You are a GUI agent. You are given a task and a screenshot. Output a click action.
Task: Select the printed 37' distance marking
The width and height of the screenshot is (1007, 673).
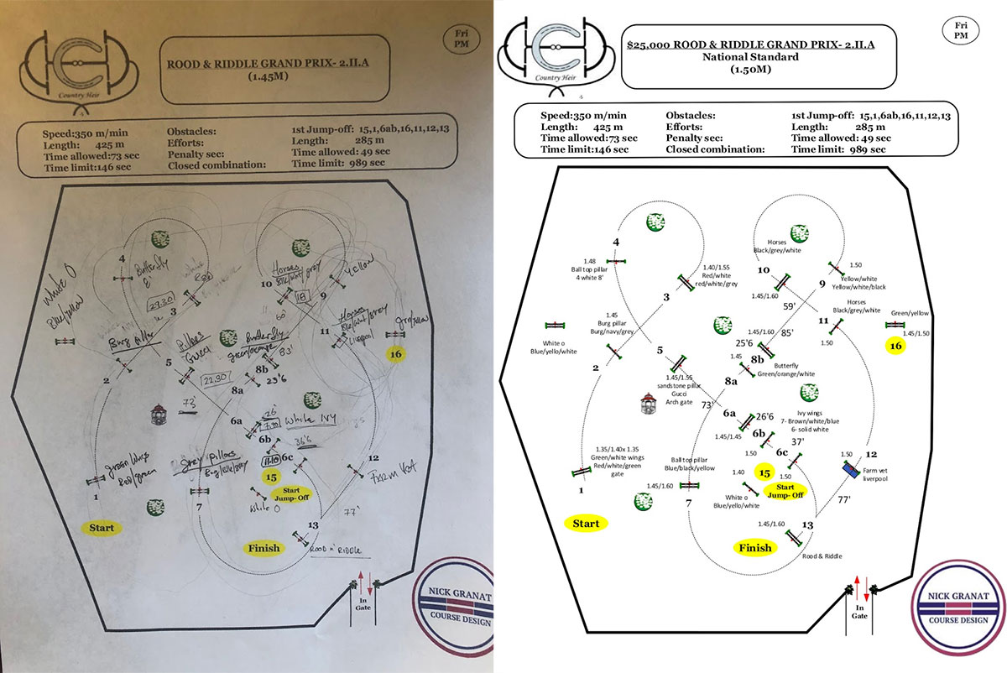click(x=798, y=441)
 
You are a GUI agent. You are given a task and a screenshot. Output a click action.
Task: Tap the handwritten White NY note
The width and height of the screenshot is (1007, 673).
click(x=312, y=417)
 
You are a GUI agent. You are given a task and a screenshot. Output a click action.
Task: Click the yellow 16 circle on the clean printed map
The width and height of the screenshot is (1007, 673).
click(x=896, y=346)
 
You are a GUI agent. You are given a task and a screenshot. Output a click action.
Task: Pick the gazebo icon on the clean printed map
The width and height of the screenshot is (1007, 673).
click(x=648, y=406)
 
